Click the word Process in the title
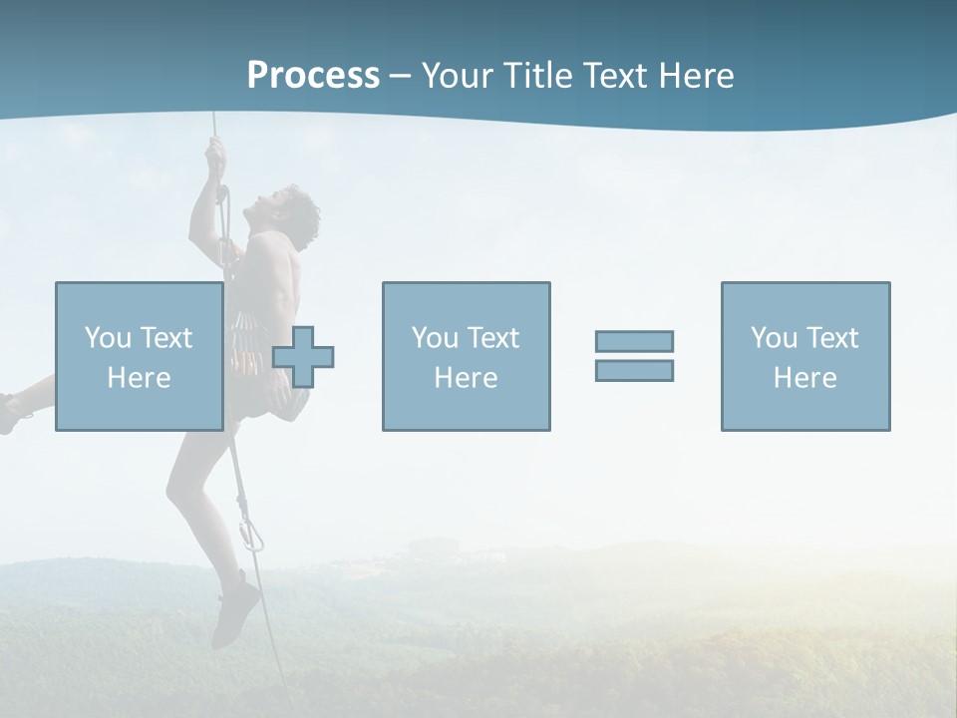313,76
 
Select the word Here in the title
693,76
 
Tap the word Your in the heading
459,76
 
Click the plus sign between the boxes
303,357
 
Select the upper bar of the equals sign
634,341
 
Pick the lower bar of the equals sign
634,370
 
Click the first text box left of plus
139,356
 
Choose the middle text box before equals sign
466,356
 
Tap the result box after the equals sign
804,356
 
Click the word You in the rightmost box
773,338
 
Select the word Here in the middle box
466,377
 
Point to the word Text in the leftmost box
165,338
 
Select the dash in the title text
401,76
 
